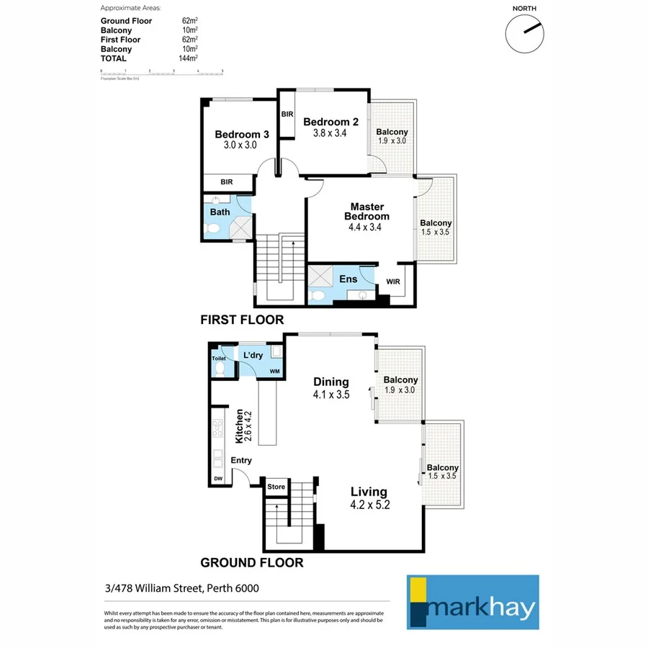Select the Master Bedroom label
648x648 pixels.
coord(366,212)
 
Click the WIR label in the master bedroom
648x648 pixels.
coord(393,282)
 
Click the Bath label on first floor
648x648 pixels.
coord(220,212)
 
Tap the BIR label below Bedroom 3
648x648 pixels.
coord(227,182)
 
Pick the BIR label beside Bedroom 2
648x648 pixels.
coord(287,114)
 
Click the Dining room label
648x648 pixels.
coord(331,382)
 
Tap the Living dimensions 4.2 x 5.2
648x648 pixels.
coord(369,505)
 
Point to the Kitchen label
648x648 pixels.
coord(240,426)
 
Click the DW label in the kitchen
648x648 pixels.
coord(217,479)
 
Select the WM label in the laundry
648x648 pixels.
coord(274,372)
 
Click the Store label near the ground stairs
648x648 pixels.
coord(276,487)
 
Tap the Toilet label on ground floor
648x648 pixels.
coord(219,359)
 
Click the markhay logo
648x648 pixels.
coord(473,602)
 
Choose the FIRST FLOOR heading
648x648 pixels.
coord(243,320)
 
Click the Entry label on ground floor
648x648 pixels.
coord(241,461)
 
